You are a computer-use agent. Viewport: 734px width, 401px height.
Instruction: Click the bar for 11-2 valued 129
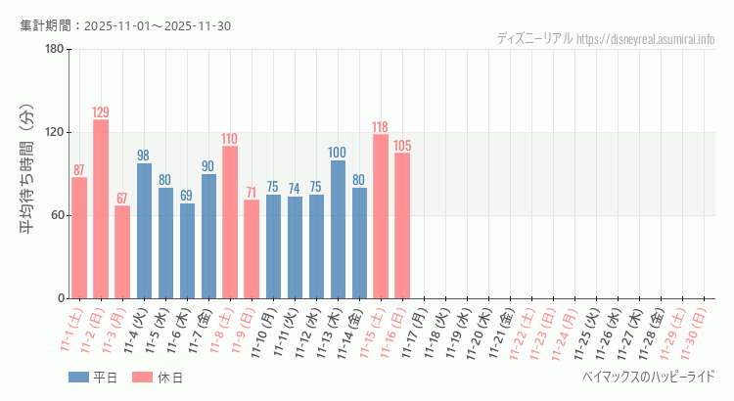[x=101, y=208]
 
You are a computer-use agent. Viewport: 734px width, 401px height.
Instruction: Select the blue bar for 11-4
[x=144, y=230]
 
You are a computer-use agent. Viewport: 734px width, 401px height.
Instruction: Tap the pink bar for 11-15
[x=381, y=216]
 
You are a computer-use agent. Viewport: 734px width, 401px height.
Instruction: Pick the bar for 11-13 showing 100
[x=338, y=229]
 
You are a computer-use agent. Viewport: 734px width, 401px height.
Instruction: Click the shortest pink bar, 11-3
[x=122, y=251]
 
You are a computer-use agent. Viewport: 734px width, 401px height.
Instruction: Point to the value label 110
[x=230, y=139]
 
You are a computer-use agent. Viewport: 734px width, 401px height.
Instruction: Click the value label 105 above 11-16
[x=402, y=146]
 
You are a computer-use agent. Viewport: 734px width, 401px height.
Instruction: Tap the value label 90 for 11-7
[x=208, y=166]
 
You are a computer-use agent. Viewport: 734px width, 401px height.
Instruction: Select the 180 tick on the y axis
[x=54, y=49]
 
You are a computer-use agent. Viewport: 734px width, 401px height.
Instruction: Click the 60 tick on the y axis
[x=57, y=215]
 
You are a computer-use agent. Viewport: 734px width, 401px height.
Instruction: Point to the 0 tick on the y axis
[x=61, y=298]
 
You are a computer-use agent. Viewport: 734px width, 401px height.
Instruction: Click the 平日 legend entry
[x=93, y=378]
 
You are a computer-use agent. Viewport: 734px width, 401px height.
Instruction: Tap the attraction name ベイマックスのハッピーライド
[x=648, y=377]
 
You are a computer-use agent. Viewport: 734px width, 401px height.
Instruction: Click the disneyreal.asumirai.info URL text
[x=646, y=39]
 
